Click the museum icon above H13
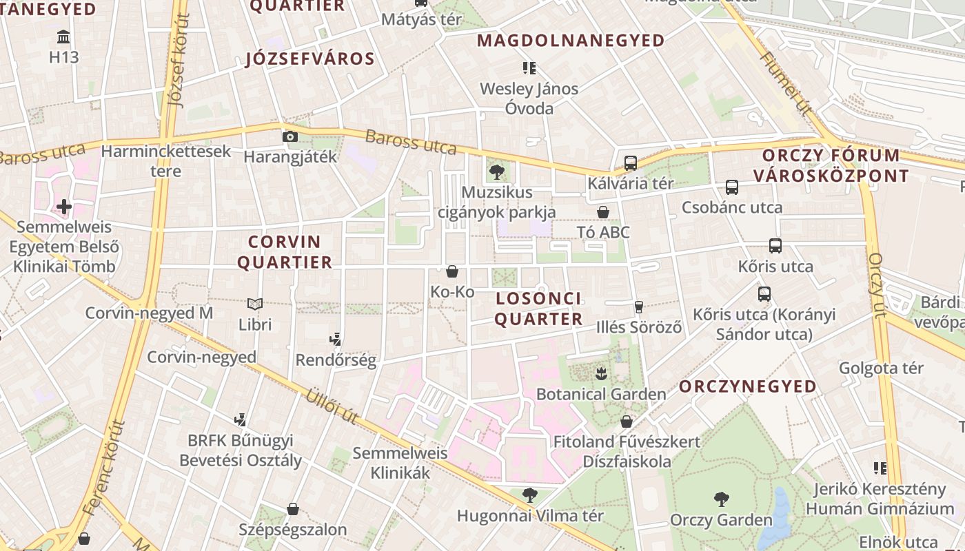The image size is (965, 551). pos(64,37)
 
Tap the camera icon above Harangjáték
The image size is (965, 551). pos(290,136)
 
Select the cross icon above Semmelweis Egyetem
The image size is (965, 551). pos(64,206)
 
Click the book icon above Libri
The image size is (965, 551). pos(255,304)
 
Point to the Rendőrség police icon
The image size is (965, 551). pos(336,339)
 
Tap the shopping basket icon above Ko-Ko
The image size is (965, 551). pos(452,271)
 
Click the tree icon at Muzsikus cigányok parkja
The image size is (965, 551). pos(496,172)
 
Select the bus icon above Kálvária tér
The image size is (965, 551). pos(630,163)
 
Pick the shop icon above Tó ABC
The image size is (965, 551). pos(603,211)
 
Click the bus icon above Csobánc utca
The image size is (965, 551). pos(732,187)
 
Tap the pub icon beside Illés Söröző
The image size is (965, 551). pos(639,307)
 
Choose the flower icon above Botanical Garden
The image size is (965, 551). pos(601,374)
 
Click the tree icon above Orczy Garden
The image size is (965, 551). pos(722,499)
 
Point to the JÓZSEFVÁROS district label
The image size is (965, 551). pos(310,59)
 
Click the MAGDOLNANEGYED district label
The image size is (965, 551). pos(571,41)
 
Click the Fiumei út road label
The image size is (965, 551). pos(785,83)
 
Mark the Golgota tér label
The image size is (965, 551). pos(880,368)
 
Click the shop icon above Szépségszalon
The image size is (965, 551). pos(293,509)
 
